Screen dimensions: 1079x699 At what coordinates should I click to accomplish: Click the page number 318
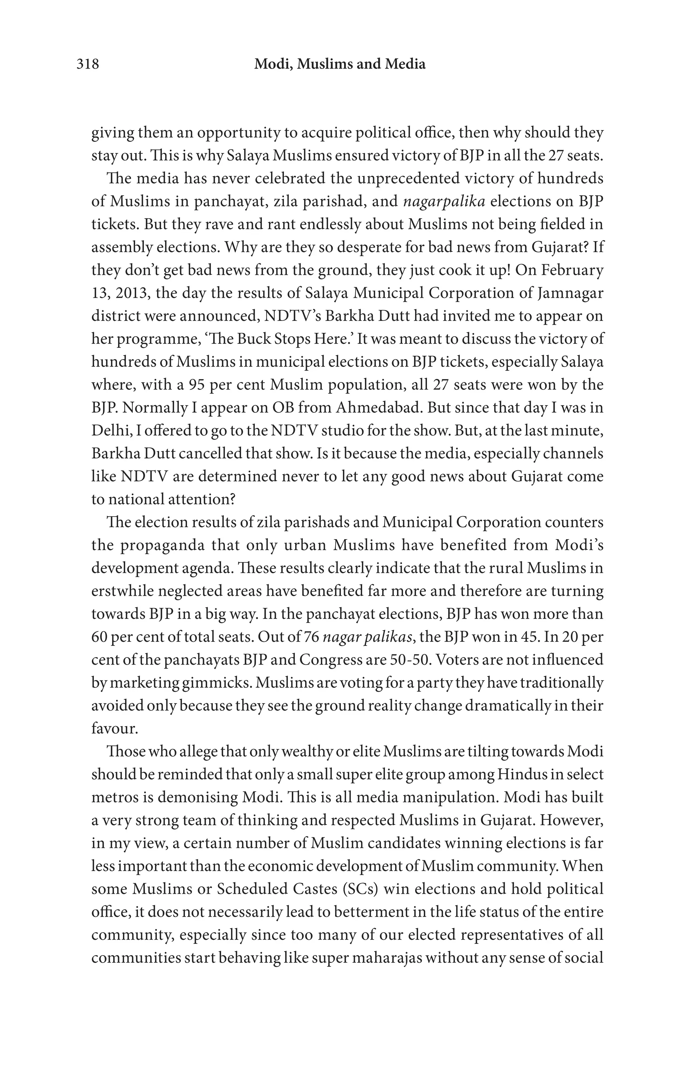(87, 64)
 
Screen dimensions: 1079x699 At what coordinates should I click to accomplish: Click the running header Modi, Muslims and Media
(340, 64)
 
